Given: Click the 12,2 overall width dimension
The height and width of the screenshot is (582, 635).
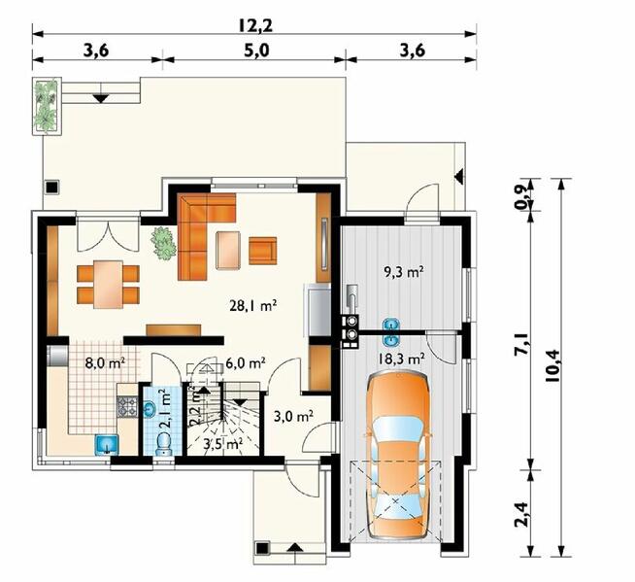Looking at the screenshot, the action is pyautogui.click(x=255, y=25).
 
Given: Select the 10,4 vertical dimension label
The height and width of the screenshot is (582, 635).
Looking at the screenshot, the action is pyautogui.click(x=552, y=365).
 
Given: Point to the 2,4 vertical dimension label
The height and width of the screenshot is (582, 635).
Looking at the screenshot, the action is pyautogui.click(x=521, y=514).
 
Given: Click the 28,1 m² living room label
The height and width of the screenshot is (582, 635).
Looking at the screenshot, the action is pyautogui.click(x=253, y=306).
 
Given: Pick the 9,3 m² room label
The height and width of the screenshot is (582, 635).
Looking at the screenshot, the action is pyautogui.click(x=403, y=272).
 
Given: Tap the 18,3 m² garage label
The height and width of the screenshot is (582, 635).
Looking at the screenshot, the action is pyautogui.click(x=401, y=359).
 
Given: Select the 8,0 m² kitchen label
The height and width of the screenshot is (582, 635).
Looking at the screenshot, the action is pyautogui.click(x=105, y=362).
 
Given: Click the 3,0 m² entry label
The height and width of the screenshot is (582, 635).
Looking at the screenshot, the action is pyautogui.click(x=293, y=416).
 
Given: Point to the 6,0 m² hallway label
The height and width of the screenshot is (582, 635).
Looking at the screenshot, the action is pyautogui.click(x=246, y=362).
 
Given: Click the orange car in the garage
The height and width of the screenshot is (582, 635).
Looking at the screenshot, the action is pyautogui.click(x=398, y=457).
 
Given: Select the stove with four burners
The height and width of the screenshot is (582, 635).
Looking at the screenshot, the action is pyautogui.click(x=127, y=406).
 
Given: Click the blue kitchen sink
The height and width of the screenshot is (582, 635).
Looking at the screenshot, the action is pyautogui.click(x=107, y=444).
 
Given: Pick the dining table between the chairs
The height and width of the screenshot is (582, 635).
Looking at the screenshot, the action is pyautogui.click(x=108, y=284).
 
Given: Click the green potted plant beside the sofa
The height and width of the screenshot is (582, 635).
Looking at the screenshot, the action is pyautogui.click(x=163, y=243).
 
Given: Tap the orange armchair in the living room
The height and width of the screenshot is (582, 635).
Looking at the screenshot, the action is pyautogui.click(x=263, y=251).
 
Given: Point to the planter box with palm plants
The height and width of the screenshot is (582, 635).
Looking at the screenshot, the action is pyautogui.click(x=47, y=106).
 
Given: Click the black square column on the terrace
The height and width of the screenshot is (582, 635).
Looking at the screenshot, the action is pyautogui.click(x=51, y=187).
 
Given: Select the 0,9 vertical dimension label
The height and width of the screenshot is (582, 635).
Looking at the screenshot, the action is pyautogui.click(x=521, y=195).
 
